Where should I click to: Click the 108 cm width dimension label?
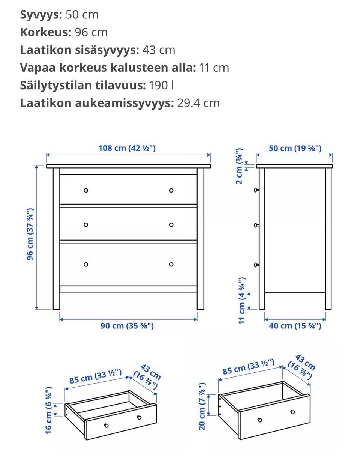pyautogui.click(x=127, y=148)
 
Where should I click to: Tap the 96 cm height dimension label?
pyautogui.click(x=30, y=234)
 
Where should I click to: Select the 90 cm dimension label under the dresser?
pyautogui.click(x=127, y=326)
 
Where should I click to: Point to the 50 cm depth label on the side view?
pyautogui.click(x=295, y=148)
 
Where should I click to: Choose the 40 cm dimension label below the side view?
pyautogui.click(x=295, y=326)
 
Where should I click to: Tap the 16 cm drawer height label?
pyautogui.click(x=49, y=410)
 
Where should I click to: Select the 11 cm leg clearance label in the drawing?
pyautogui.click(x=242, y=300)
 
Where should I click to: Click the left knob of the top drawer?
pyautogui.click(x=86, y=190)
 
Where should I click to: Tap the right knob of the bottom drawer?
pyautogui.click(x=171, y=264)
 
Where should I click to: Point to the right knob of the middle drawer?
pyautogui.click(x=171, y=225)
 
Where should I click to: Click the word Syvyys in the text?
pyautogui.click(x=40, y=15)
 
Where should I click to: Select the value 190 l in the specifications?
pyautogui.click(x=161, y=86)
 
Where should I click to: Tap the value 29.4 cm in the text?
pyautogui.click(x=198, y=103)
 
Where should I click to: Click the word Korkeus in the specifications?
pyautogui.click(x=45, y=32)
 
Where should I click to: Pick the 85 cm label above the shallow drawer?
pyautogui.click(x=95, y=376)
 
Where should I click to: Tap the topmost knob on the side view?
pyautogui.click(x=256, y=190)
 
